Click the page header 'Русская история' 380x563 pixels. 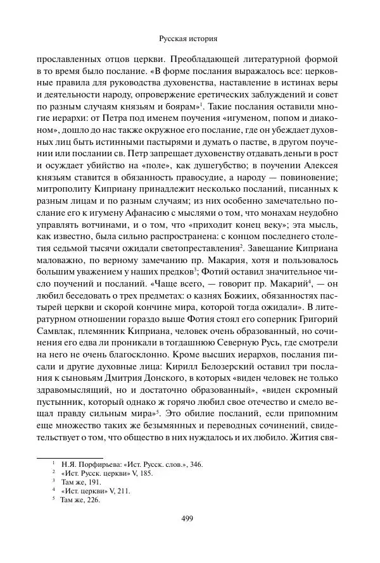pyautogui.click(x=190, y=38)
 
